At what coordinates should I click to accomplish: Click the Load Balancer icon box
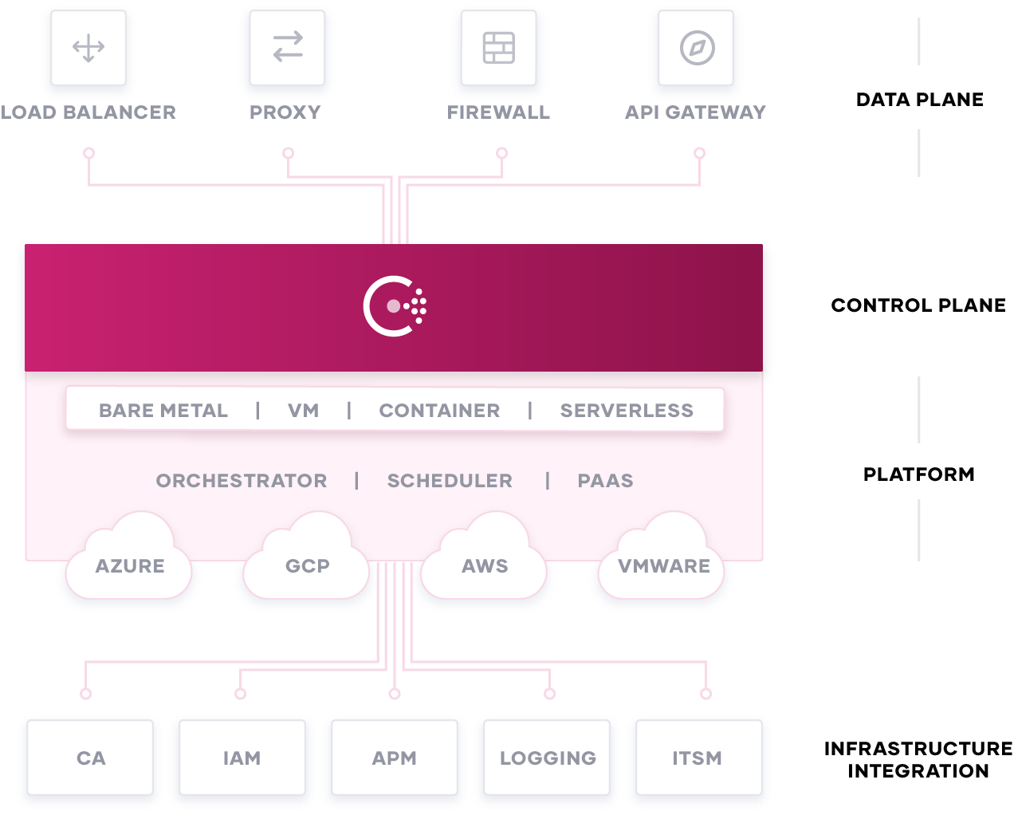point(88,48)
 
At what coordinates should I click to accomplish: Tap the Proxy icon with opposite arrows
point(287,47)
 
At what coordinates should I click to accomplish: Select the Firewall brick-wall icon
point(499,48)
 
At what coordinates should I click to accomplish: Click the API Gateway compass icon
point(697,48)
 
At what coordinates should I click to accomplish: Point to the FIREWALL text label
point(498,112)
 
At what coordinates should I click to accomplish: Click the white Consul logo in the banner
point(395,306)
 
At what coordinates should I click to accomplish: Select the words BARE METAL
point(163,411)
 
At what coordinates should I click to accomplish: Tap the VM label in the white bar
point(303,411)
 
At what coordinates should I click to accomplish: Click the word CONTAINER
point(439,411)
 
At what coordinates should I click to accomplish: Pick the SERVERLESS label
point(627,411)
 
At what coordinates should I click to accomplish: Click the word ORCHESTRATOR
point(242,481)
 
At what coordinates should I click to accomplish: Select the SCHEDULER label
point(450,481)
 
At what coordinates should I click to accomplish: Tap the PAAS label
point(605,481)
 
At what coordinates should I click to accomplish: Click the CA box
point(91,758)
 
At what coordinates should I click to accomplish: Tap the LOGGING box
point(548,758)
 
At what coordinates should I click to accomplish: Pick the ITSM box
point(697,758)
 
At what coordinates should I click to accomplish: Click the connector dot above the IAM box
point(240,694)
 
